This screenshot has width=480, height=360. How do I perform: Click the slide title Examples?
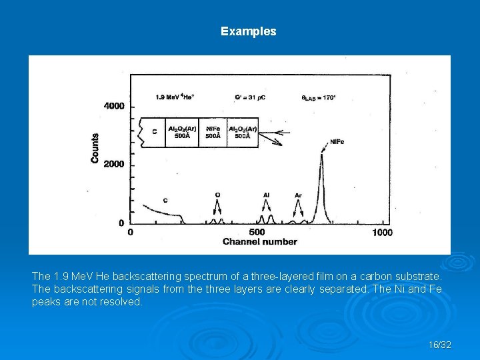click(248, 31)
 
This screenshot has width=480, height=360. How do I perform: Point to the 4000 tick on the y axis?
click(114, 106)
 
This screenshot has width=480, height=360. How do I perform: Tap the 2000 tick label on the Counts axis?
click(114, 165)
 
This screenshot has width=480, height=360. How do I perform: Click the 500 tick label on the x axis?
click(257, 232)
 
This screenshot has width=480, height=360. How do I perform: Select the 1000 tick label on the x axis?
click(382, 232)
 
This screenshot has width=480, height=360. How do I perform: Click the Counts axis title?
click(95, 148)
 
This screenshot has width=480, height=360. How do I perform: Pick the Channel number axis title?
click(259, 241)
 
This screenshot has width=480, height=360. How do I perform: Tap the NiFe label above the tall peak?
click(337, 141)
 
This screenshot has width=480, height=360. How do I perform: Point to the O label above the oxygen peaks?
click(217, 195)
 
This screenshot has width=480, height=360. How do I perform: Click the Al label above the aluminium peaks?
click(266, 195)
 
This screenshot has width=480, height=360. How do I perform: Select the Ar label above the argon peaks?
click(298, 195)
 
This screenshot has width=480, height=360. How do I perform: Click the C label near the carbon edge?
click(165, 200)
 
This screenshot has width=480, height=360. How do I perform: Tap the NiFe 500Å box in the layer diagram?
click(213, 132)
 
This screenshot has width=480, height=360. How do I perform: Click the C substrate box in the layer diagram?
click(153, 132)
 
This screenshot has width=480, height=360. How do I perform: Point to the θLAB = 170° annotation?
click(319, 97)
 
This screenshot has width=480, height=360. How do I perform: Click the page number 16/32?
click(440, 345)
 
